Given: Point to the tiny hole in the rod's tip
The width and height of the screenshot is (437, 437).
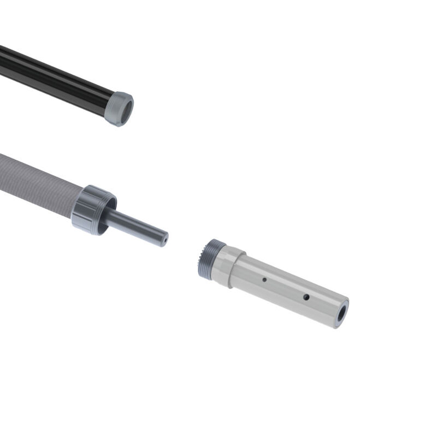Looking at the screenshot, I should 164,238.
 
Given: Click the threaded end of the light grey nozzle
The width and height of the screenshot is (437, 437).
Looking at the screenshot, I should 206,259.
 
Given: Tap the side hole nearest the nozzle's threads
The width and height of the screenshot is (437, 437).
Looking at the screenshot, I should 264,280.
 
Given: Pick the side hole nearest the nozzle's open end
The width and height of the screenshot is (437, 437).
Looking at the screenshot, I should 306,297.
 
